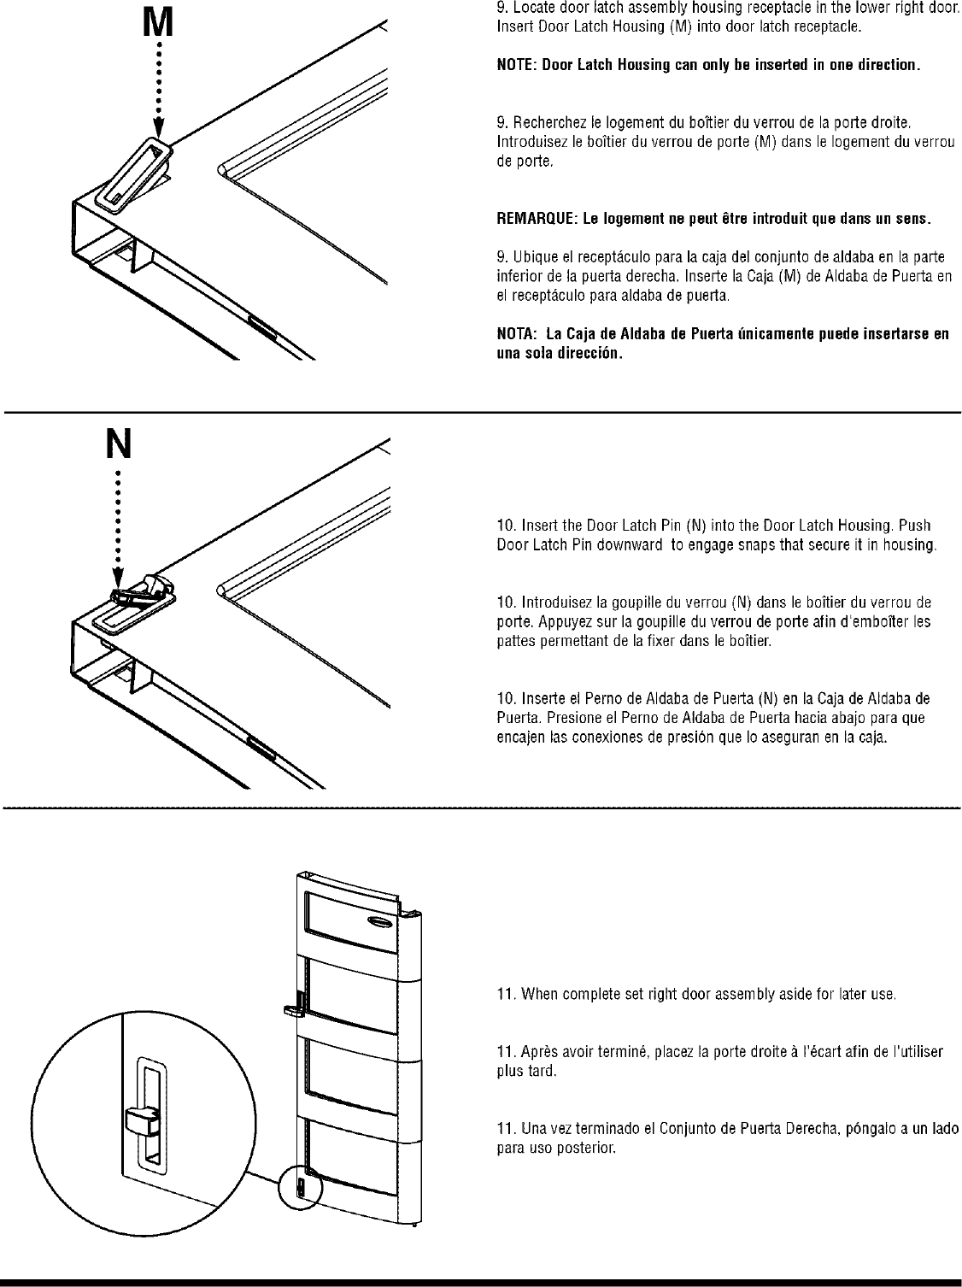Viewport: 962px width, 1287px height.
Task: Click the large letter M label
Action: [157, 22]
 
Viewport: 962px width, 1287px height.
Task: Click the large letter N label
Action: [118, 444]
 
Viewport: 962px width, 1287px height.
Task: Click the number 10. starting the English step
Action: [507, 525]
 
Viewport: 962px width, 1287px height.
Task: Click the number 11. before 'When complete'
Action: [507, 995]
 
